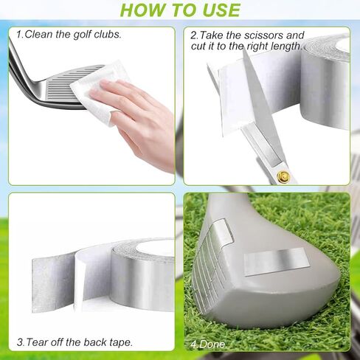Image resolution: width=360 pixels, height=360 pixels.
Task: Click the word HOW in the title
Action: tap(139, 10)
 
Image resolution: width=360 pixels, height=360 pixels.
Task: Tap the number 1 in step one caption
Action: tap(18, 34)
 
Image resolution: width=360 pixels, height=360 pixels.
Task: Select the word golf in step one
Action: tap(82, 34)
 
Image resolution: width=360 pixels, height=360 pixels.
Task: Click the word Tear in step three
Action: tap(38, 342)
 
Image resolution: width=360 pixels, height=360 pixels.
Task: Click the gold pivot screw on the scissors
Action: tap(283, 176)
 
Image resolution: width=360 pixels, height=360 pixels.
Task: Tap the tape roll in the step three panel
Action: tap(144, 277)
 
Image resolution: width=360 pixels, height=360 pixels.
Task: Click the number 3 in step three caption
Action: tap(20, 342)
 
